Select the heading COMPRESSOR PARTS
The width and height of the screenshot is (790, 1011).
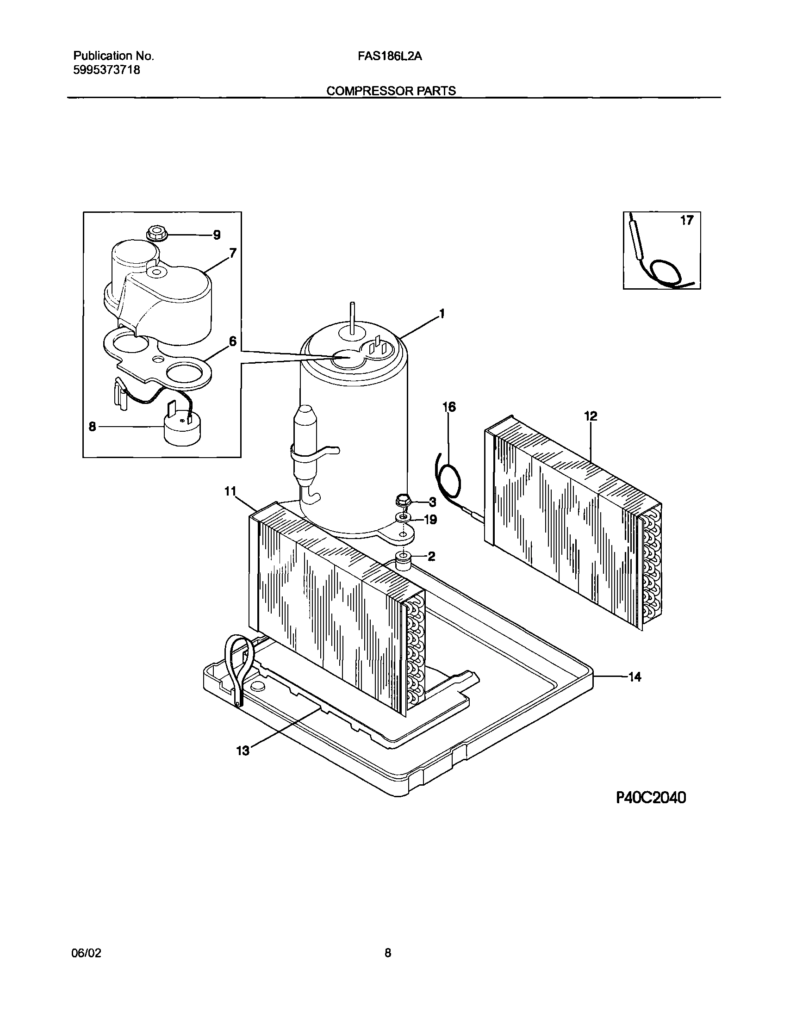pyautogui.click(x=391, y=91)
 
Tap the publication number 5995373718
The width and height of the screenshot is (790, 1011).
pyautogui.click(x=107, y=70)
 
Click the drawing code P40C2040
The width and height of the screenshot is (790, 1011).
pyautogui.click(x=651, y=798)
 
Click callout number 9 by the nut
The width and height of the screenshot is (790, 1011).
pyautogui.click(x=217, y=235)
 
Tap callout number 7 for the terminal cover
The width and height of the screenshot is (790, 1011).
pyautogui.click(x=233, y=253)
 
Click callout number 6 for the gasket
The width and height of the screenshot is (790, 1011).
pyautogui.click(x=232, y=341)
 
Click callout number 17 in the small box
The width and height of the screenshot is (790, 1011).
pyautogui.click(x=686, y=221)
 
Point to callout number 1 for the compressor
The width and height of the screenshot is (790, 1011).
pyautogui.click(x=442, y=314)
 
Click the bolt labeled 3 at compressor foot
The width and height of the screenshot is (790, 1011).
pyautogui.click(x=403, y=500)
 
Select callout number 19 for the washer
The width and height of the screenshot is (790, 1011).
pyautogui.click(x=431, y=520)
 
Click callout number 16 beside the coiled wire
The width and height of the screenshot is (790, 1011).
pyautogui.click(x=449, y=407)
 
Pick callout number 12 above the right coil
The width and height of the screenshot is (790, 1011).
pyautogui.click(x=591, y=416)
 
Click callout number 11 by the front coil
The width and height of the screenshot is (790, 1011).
pyautogui.click(x=230, y=491)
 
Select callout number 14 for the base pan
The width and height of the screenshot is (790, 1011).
pyautogui.click(x=634, y=677)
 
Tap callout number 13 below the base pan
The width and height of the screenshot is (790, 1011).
pyautogui.click(x=243, y=750)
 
